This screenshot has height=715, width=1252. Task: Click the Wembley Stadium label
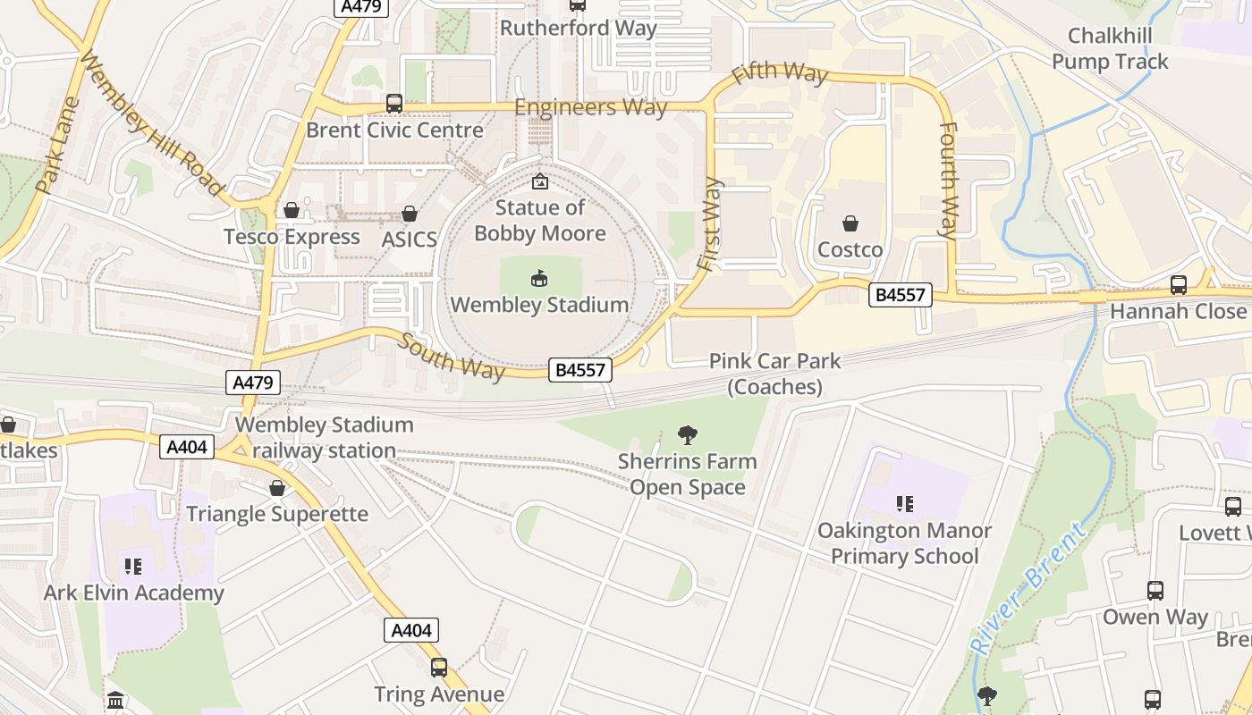point(539,305)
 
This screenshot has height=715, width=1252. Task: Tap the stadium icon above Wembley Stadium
point(539,280)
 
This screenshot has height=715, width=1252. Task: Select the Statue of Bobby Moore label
point(539,221)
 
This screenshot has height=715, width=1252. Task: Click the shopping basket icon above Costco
point(850,223)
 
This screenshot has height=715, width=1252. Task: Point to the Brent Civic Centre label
point(394,130)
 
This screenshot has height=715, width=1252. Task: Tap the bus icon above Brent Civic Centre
point(394,104)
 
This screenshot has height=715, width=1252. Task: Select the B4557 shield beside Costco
point(900,295)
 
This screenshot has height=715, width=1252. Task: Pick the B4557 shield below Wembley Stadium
point(581,370)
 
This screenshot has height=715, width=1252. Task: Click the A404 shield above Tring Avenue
point(412,630)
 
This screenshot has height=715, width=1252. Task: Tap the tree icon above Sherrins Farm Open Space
point(687,436)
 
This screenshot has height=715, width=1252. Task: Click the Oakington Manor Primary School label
point(904,543)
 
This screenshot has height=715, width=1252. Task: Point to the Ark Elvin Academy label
point(134,593)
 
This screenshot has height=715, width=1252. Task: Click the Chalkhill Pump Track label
point(1110,49)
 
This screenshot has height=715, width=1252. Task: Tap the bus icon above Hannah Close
point(1179,285)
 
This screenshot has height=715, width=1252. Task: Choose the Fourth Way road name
point(948,179)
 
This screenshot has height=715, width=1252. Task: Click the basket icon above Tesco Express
point(291,211)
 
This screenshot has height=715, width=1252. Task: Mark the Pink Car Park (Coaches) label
point(774,374)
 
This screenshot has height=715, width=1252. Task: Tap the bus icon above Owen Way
point(1155,591)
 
